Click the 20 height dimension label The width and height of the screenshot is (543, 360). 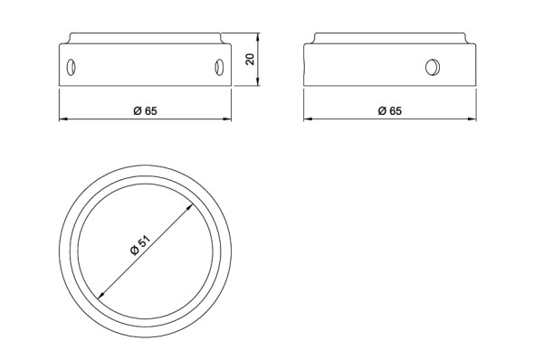[250, 59]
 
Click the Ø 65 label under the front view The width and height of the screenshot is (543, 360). [145, 110]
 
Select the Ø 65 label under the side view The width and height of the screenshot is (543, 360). [389, 110]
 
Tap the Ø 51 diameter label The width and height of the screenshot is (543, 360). [140, 245]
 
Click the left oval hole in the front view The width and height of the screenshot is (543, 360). [71, 67]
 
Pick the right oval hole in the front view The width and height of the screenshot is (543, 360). [219, 67]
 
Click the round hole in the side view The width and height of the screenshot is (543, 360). [433, 67]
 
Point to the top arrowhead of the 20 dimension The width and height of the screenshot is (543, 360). [258, 37]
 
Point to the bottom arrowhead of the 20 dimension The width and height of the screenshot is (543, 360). [258, 81]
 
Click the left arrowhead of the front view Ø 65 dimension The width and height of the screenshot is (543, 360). [63, 119]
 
